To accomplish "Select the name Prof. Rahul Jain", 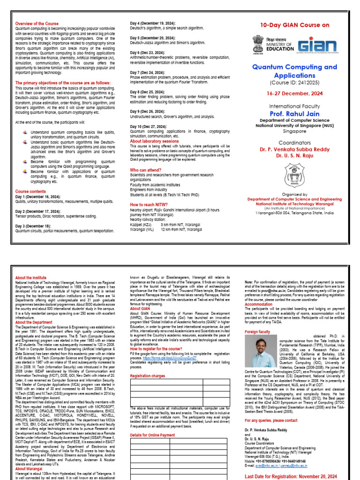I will [x=295, y=113].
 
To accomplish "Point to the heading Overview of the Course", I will [x=37, y=23].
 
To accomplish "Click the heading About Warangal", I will [x=29, y=468].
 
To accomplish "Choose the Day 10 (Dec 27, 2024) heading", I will [x=149, y=127].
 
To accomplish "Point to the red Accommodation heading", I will [x=258, y=304].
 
